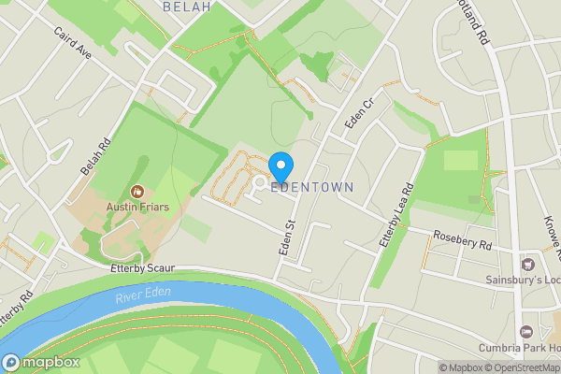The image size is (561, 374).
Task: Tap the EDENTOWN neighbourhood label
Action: pyautogui.click(x=312, y=188)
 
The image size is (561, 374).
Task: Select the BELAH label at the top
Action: pyautogui.click(x=186, y=7)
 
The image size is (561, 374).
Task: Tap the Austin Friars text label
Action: pyautogui.click(x=137, y=207)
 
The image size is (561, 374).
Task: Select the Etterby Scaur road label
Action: pyautogui.click(x=142, y=268)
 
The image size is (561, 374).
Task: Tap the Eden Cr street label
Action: pyautogui.click(x=358, y=112)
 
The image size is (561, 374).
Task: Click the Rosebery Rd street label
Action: pyautogui.click(x=460, y=241)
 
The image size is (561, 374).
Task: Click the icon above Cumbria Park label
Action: pyautogui.click(x=526, y=332)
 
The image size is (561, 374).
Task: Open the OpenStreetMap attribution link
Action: pyautogui.click(x=520, y=367)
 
